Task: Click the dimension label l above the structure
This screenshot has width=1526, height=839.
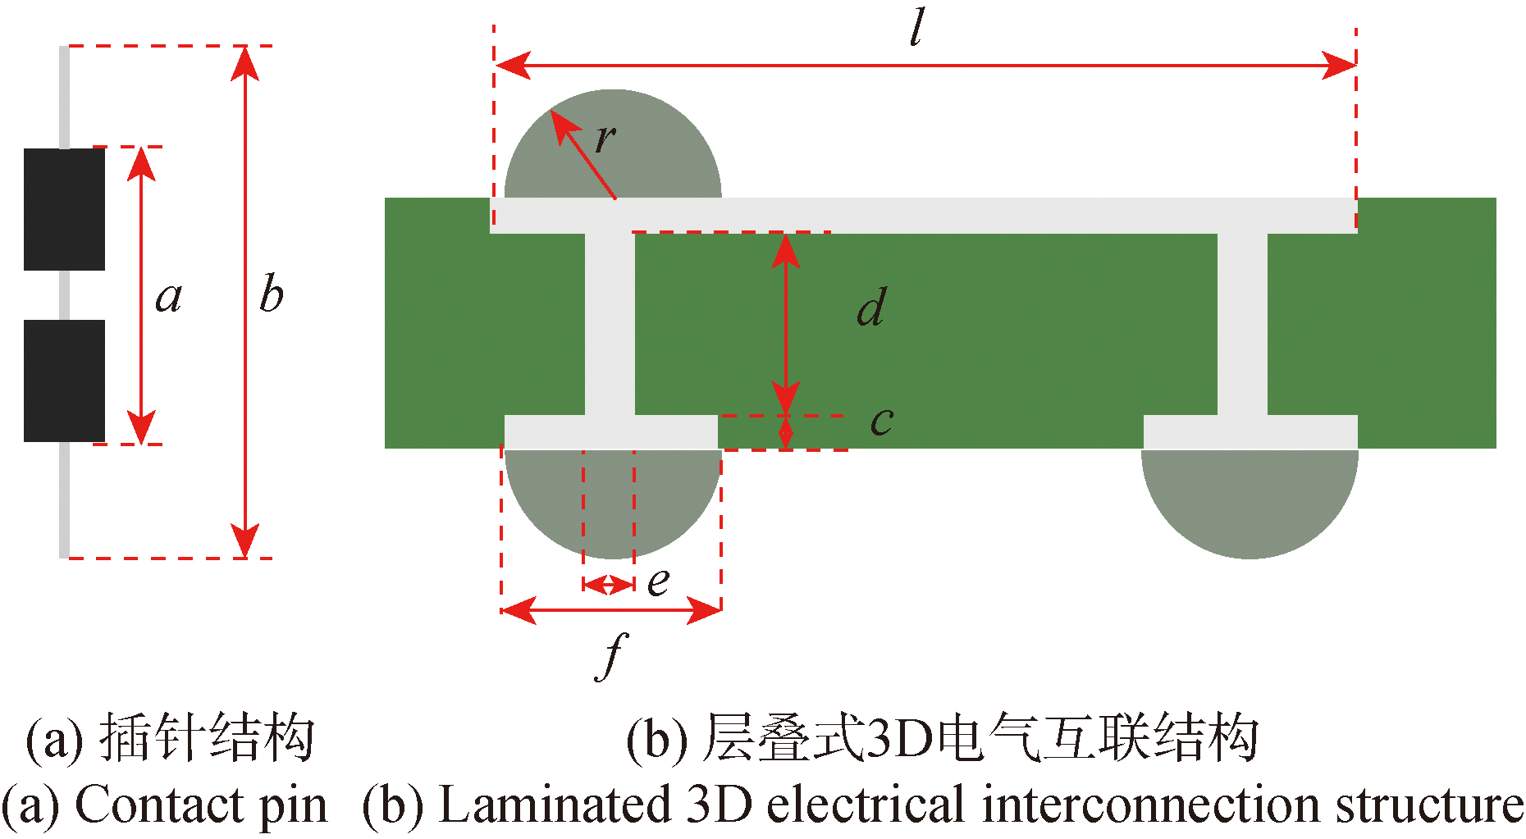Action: point(917,29)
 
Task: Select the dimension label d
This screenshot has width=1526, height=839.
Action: point(871,308)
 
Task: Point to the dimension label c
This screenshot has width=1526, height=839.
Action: point(882,421)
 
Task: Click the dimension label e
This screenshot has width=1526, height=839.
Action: point(658,581)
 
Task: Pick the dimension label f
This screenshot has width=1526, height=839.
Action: point(612,656)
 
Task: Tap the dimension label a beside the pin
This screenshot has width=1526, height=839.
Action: point(169,296)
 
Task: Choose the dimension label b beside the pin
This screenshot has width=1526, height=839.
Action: point(272,293)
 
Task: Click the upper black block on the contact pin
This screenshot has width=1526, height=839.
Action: point(64,209)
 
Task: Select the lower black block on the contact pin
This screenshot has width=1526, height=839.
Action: point(64,381)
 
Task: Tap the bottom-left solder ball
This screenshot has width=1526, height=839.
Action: point(612,504)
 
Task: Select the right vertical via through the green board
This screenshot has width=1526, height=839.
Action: point(1242,324)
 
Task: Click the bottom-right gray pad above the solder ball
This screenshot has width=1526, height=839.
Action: point(1250,432)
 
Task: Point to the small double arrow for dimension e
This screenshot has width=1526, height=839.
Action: point(608,585)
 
